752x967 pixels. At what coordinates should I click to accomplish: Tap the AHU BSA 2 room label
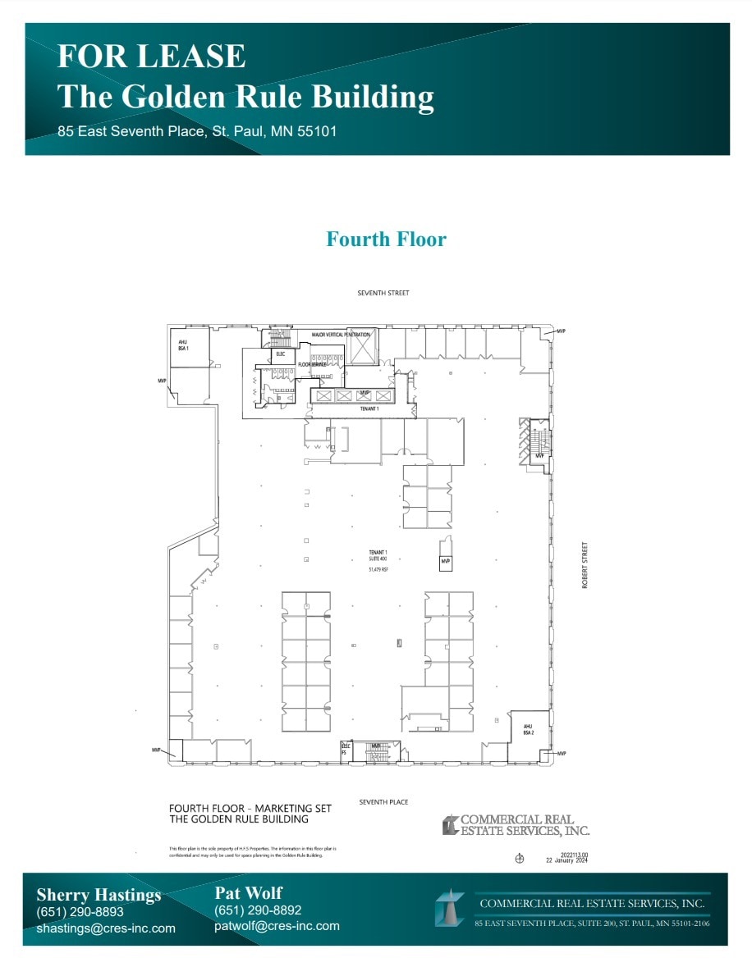(x=529, y=728)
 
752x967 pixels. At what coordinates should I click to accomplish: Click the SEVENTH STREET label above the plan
(x=383, y=293)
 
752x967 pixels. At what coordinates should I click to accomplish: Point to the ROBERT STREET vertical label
(x=585, y=564)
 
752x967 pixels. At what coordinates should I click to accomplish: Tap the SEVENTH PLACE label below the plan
(x=383, y=801)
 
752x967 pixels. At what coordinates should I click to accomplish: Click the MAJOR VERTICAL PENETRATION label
(x=341, y=335)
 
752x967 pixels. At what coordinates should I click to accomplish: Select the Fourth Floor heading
(x=386, y=239)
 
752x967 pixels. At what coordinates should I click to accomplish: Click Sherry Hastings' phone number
(x=80, y=911)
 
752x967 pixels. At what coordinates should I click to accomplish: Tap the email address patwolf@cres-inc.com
(x=277, y=925)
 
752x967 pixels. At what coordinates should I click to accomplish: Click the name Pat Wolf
(x=249, y=892)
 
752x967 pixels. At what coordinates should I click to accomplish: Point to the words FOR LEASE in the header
(x=152, y=56)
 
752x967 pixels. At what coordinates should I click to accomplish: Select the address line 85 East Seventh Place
(x=197, y=131)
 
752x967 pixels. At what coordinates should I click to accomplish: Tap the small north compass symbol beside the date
(x=519, y=860)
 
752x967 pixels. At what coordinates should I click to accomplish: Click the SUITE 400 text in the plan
(x=378, y=559)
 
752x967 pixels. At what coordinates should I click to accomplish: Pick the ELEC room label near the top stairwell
(x=280, y=354)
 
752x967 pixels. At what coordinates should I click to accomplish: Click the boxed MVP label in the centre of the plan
(x=446, y=562)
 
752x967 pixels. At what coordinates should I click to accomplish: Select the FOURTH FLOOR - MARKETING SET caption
(x=250, y=808)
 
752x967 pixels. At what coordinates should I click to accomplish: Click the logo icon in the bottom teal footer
(x=450, y=909)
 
